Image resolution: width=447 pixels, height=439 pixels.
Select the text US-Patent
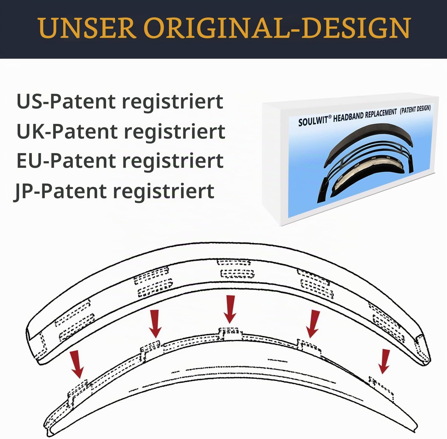[x=66, y=101]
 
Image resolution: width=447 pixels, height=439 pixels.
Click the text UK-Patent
[x=67, y=131]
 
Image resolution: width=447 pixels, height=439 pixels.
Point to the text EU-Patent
[x=66, y=161]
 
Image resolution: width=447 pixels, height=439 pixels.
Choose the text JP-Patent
[x=60, y=191]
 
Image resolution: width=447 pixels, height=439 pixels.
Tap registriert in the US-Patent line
[x=173, y=102]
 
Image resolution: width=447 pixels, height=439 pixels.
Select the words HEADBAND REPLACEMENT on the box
[x=365, y=115]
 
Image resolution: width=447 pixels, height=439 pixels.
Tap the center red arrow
[x=229, y=309]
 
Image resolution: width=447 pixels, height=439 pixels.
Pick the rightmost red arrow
[x=384, y=362]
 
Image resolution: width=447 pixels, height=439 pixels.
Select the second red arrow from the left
[x=155, y=324]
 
